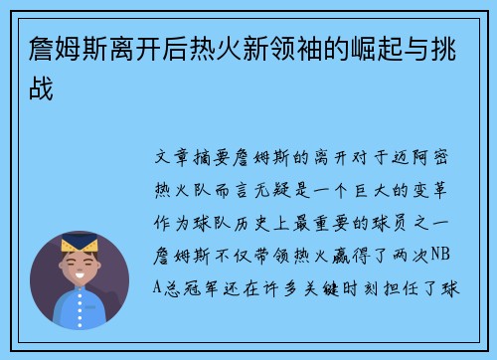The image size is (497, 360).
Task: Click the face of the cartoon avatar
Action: click(79, 267)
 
